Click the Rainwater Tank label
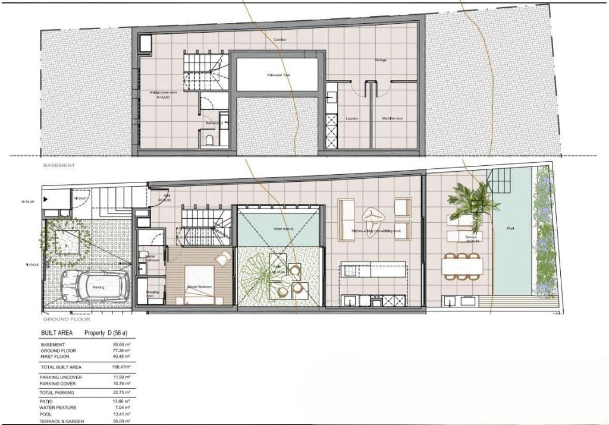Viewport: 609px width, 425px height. click(278, 75)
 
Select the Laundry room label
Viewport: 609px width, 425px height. click(351, 119)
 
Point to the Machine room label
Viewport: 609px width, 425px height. click(393, 119)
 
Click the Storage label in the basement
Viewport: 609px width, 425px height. click(381, 61)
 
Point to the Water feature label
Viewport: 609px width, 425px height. click(281, 228)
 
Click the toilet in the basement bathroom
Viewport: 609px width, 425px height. click(209, 141)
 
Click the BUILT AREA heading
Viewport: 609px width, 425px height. click(56, 333)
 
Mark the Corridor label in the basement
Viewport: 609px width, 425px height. click(280, 40)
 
